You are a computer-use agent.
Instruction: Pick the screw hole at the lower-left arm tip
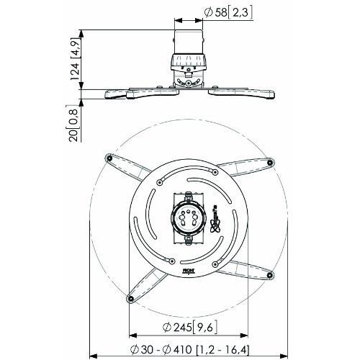pyautogui.click(x=130, y=297)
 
